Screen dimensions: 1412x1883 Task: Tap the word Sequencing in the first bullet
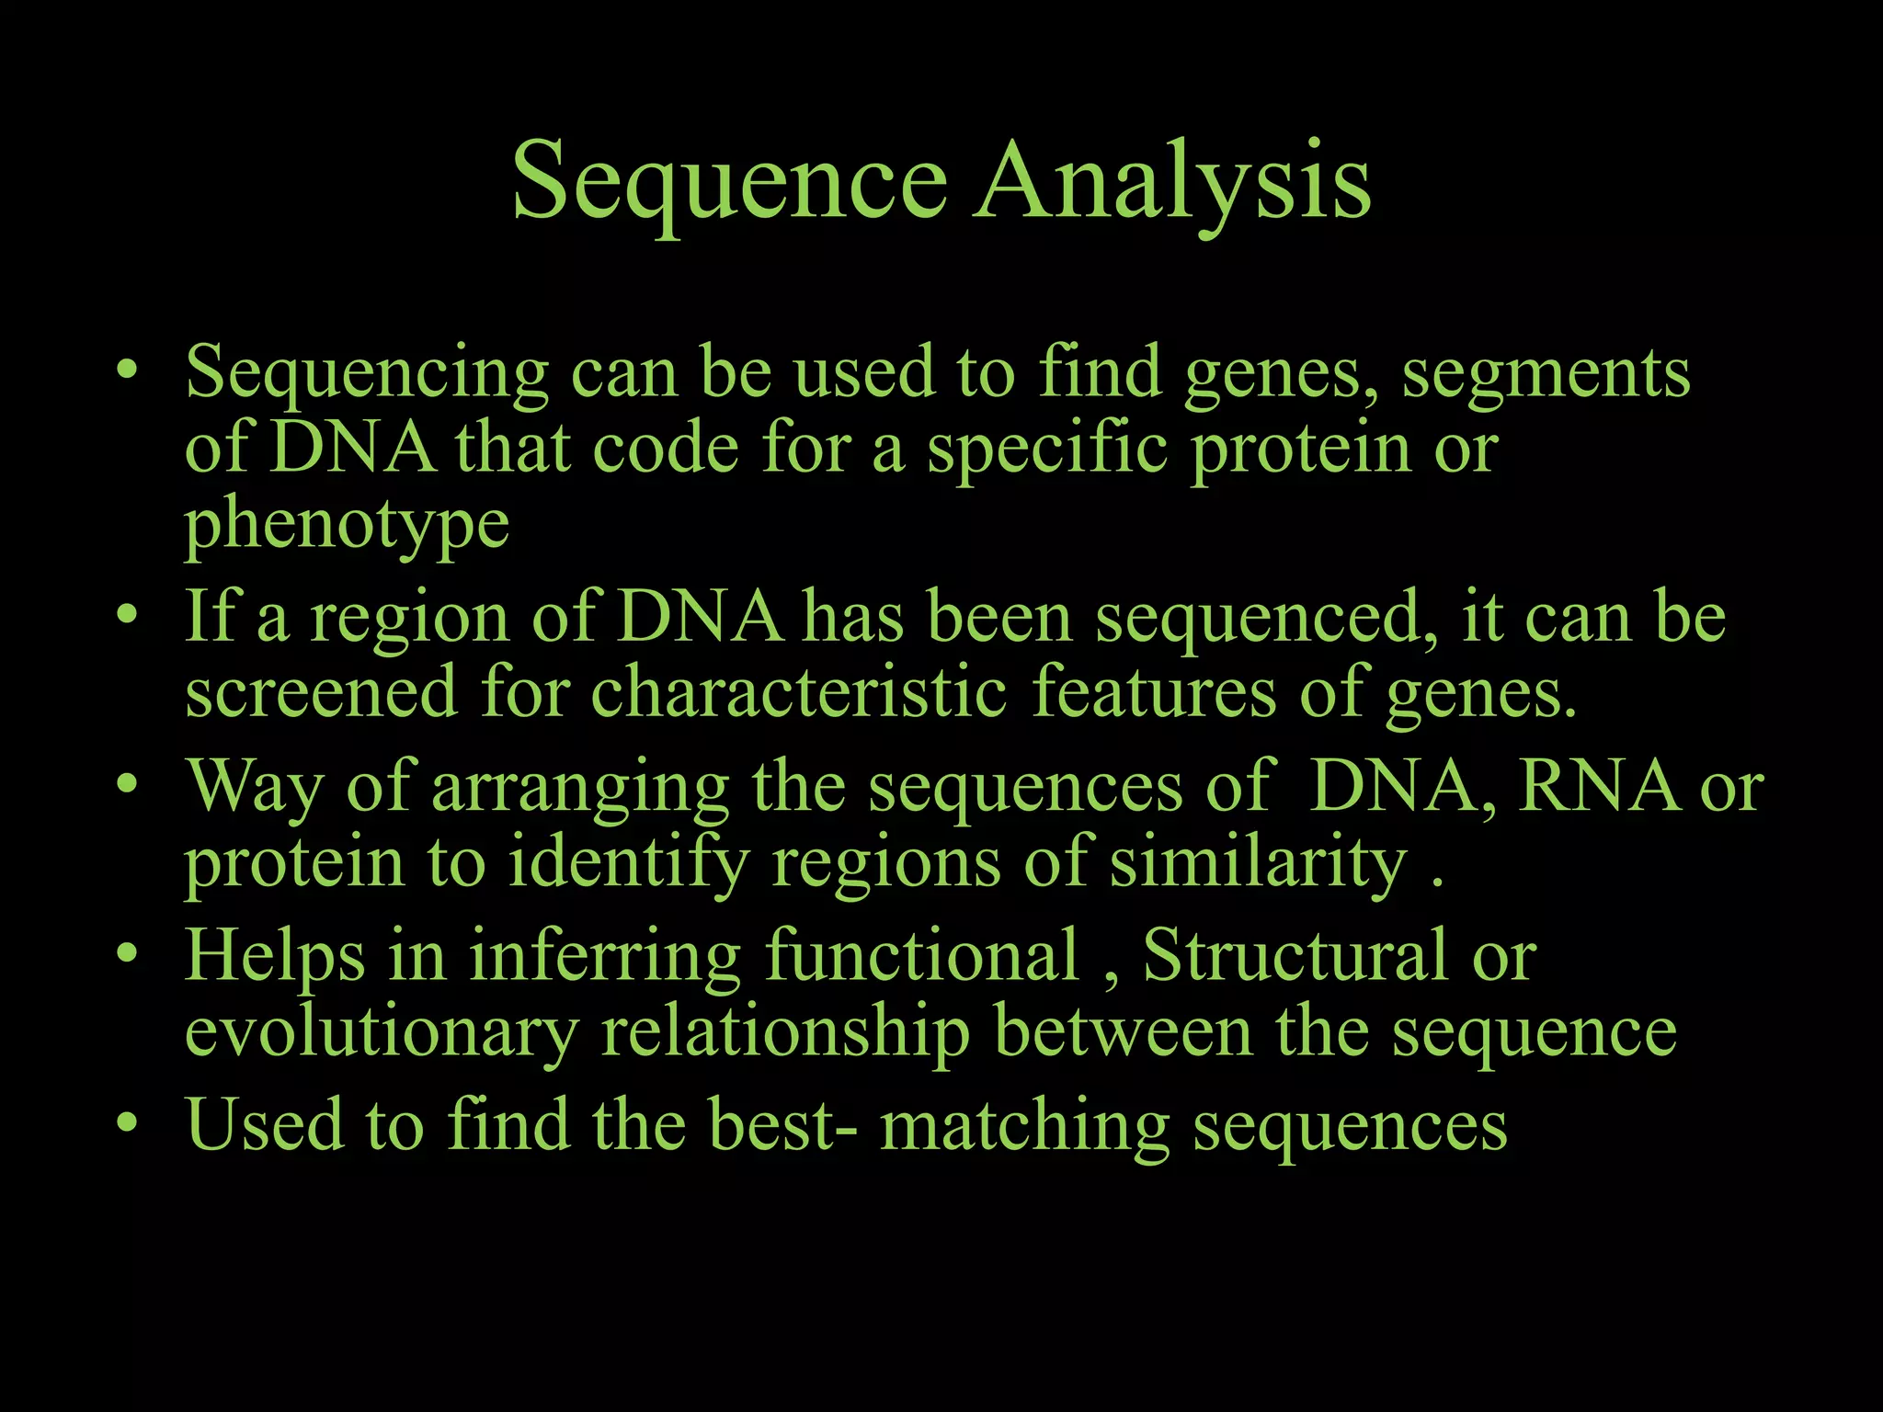pos(367,373)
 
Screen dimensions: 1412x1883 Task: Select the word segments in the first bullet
pos(1546,373)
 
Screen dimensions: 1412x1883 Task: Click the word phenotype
pos(347,525)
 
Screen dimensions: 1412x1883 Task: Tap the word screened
pos(321,693)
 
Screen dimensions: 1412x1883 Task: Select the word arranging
pos(580,789)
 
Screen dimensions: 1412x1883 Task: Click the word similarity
pos(1258,864)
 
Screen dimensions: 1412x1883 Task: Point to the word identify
pos(628,864)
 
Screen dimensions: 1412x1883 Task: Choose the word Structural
pos(1295,956)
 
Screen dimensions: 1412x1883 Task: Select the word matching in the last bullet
pos(1024,1126)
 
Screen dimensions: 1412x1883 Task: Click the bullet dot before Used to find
pos(128,1122)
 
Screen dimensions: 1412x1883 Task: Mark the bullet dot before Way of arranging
pos(128,784)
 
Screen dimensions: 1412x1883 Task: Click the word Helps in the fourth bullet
pos(275,956)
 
